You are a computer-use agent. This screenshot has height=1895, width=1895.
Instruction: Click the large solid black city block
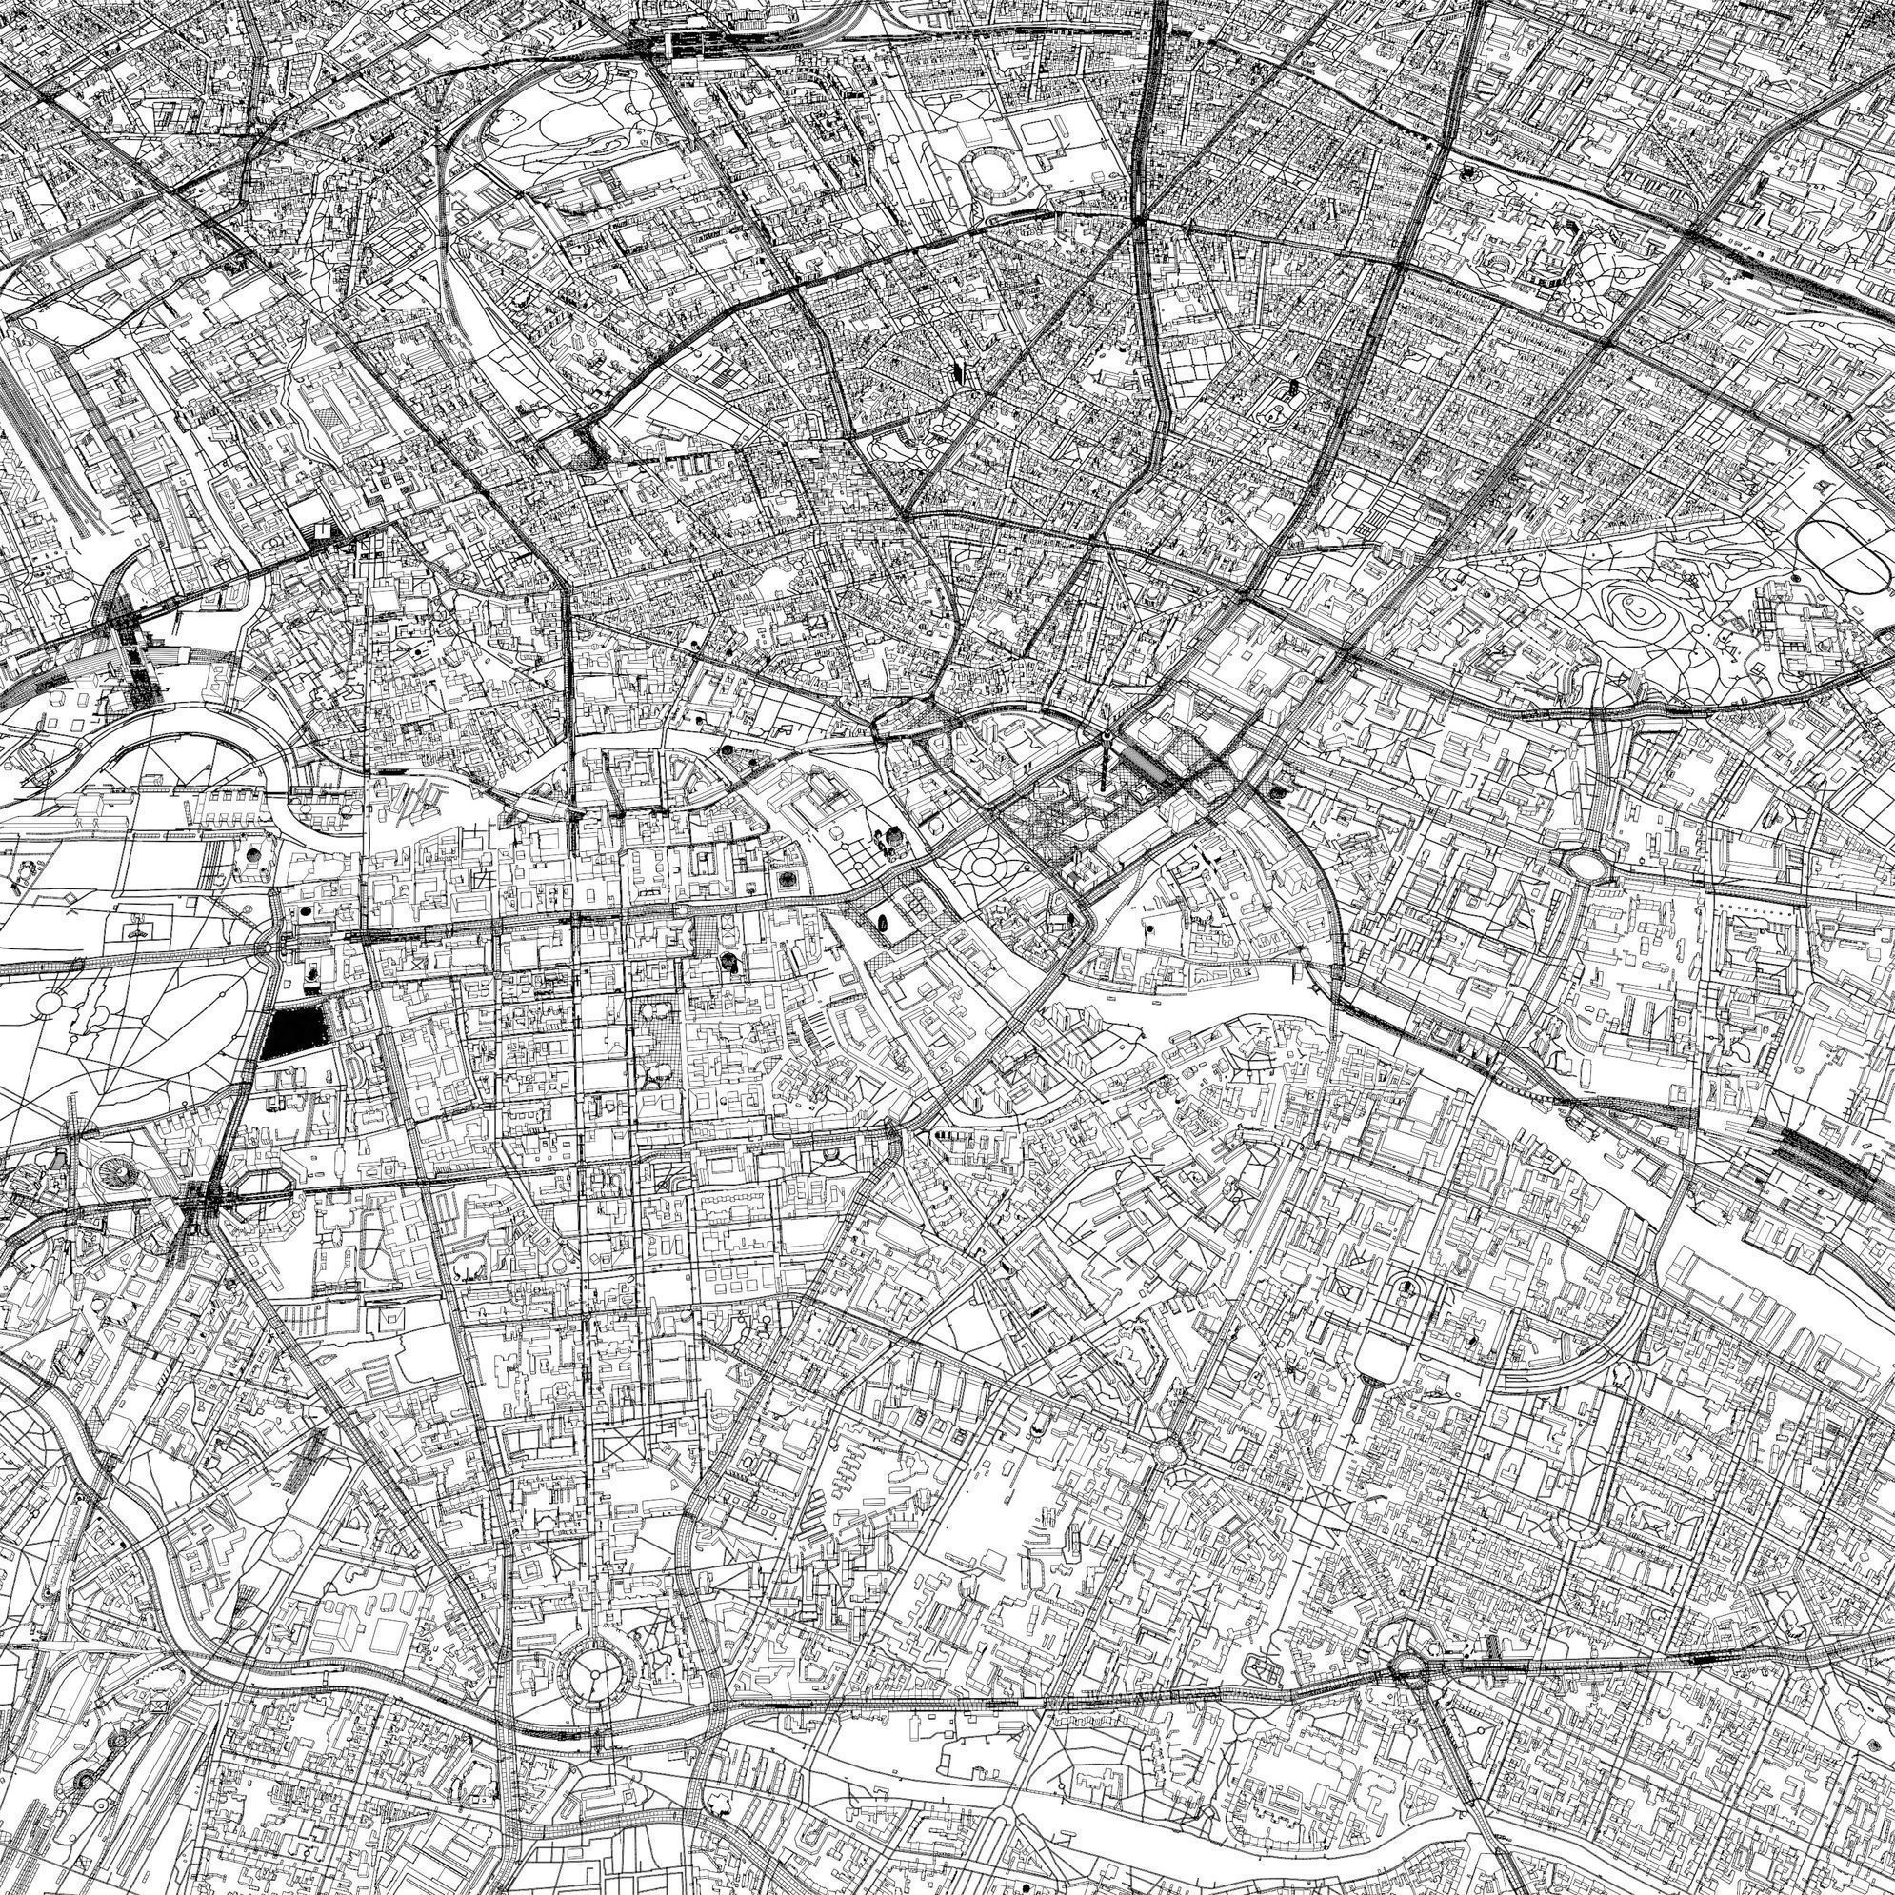(x=294, y=1031)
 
